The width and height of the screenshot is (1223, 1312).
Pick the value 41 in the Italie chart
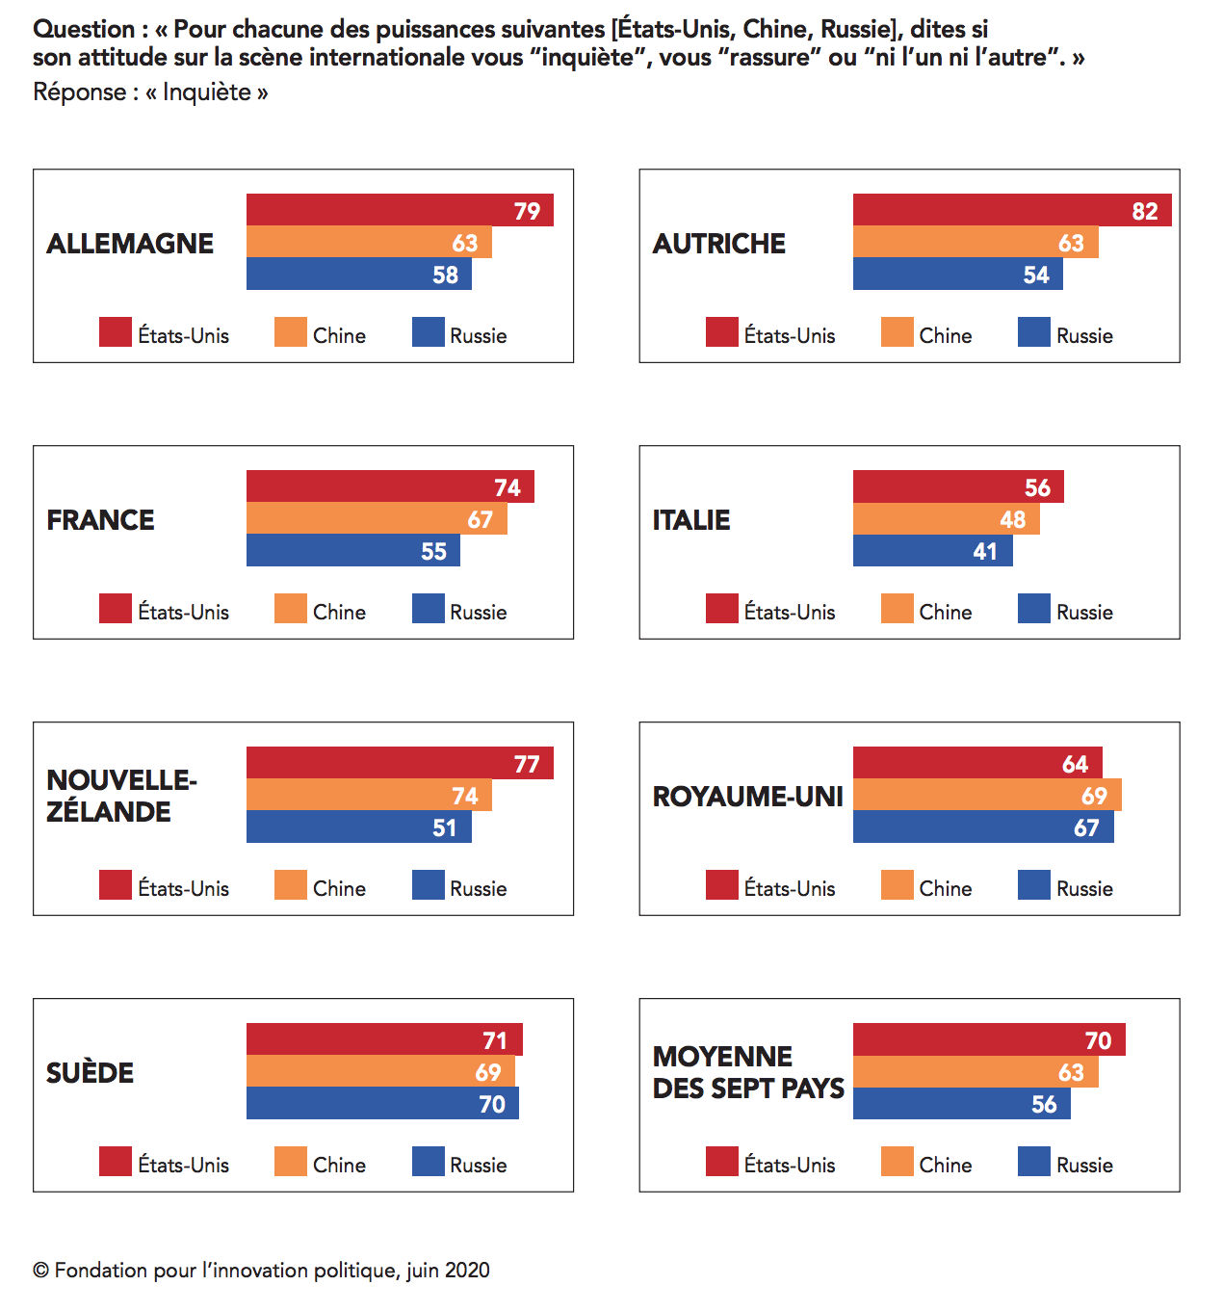pyautogui.click(x=985, y=552)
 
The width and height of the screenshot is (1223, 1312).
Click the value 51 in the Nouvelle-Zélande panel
pyautogui.click(x=444, y=828)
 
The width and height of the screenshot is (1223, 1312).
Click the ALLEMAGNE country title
pyautogui.click(x=130, y=244)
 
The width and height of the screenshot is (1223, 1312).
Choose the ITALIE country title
pyautogui.click(x=691, y=520)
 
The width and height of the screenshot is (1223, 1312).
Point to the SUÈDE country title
pyautogui.click(x=90, y=1073)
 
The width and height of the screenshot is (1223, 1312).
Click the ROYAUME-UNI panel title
pyautogui.click(x=747, y=797)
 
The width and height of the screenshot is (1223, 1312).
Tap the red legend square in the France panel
pyautogui.click(x=116, y=609)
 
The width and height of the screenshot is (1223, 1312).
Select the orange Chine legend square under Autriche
pyautogui.click(x=898, y=332)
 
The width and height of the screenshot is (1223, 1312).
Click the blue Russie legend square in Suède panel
pyautogui.click(x=429, y=1162)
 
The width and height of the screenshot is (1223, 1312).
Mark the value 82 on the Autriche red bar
pyautogui.click(x=1145, y=212)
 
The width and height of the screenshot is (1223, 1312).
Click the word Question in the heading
pyautogui.click(x=84, y=30)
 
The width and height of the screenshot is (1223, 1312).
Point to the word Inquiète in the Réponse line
pyautogui.click(x=207, y=92)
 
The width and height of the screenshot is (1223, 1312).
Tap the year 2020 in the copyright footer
pyautogui.click(x=467, y=1271)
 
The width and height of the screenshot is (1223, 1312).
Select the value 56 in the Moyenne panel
pyautogui.click(x=1044, y=1105)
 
